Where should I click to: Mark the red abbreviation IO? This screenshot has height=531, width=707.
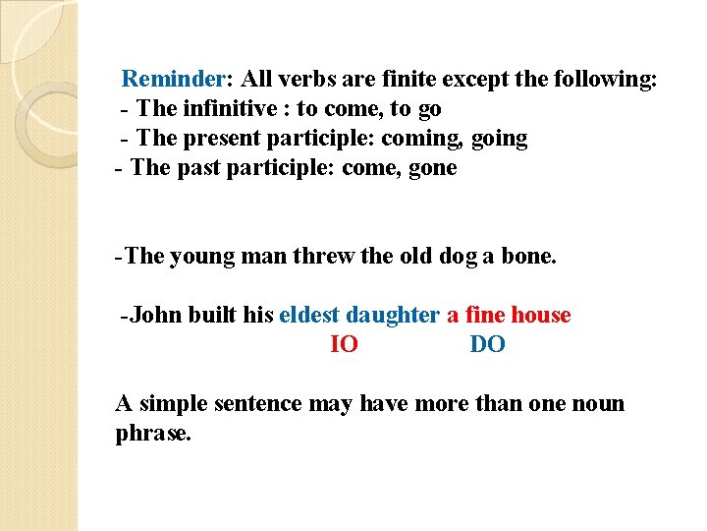tap(344, 344)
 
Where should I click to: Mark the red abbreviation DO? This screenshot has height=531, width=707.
tap(488, 344)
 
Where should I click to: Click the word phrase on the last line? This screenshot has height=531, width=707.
tap(152, 434)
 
